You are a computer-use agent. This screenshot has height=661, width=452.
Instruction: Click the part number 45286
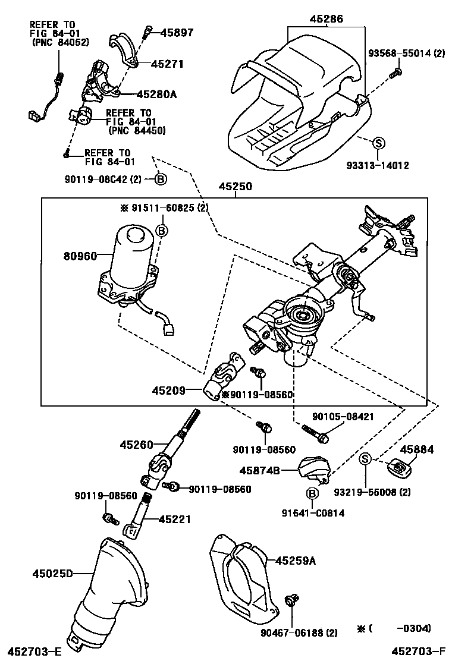pos(326,19)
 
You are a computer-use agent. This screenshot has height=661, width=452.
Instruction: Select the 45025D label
pos(52,574)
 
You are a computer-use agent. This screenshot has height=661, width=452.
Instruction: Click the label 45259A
pos(296,559)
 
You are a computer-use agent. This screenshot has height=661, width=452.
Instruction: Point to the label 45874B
pos(259,470)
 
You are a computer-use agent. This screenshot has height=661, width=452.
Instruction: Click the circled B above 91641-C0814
pos(310,493)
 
